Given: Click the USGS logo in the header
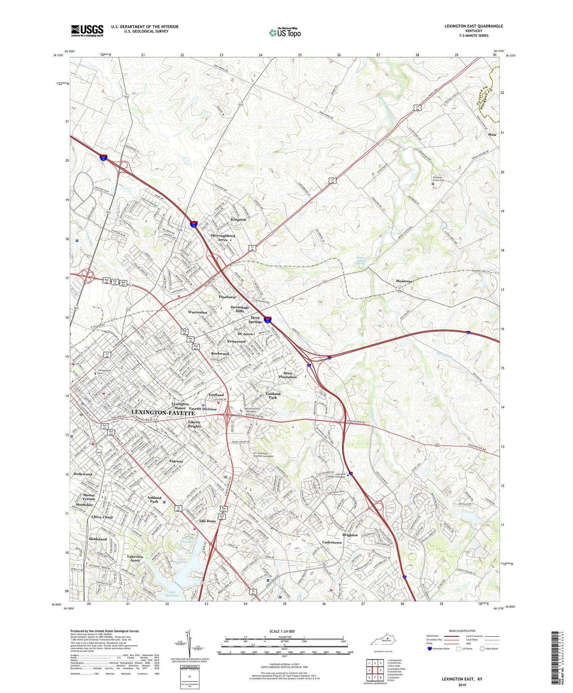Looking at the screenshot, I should (87, 31).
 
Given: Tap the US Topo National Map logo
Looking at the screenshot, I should (285, 32).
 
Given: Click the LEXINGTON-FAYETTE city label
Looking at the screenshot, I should (163, 413).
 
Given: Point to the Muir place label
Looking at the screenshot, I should (492, 135).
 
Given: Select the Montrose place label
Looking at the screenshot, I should (404, 281).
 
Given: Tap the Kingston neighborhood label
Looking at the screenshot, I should (238, 220).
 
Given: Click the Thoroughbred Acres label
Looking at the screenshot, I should (223, 238).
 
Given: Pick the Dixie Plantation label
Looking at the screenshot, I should (288, 375).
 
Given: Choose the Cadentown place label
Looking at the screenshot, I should (332, 542).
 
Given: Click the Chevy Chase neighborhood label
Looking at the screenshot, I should (102, 517).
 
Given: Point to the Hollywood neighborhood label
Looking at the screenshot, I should (83, 474).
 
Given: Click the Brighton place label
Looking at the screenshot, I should (350, 535).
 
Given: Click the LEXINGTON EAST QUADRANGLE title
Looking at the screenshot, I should (473, 26).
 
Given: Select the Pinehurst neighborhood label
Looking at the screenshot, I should (227, 297).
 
